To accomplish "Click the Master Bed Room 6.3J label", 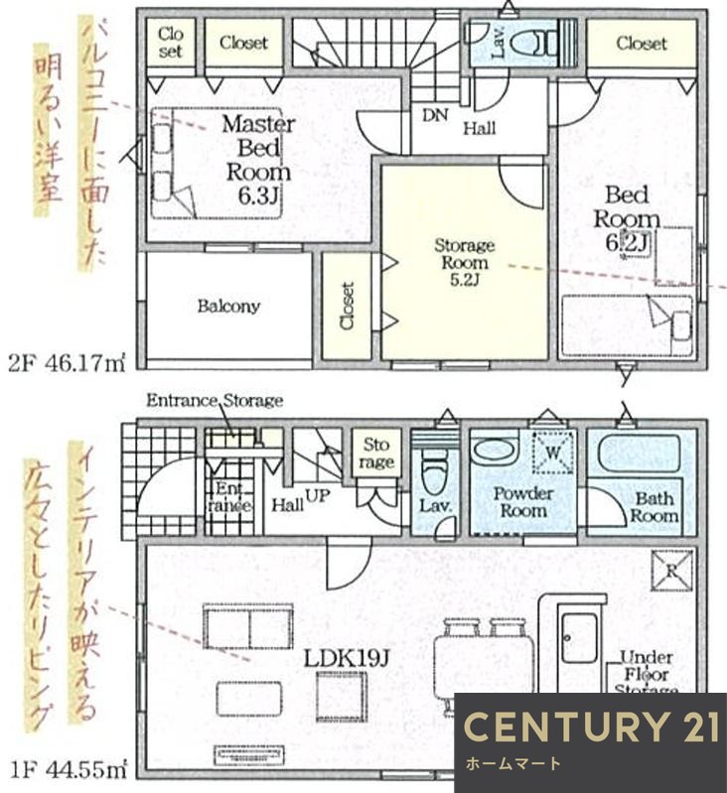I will click(257, 160).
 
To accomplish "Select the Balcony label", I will click(228, 306).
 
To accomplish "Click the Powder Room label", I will click(523, 502).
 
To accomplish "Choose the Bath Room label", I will click(654, 506).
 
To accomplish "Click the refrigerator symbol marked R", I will click(671, 572).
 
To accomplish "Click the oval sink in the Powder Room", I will click(492, 450).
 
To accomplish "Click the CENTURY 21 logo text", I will click(591, 727).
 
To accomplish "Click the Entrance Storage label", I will click(215, 401).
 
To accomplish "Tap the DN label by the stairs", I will click(435, 115).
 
